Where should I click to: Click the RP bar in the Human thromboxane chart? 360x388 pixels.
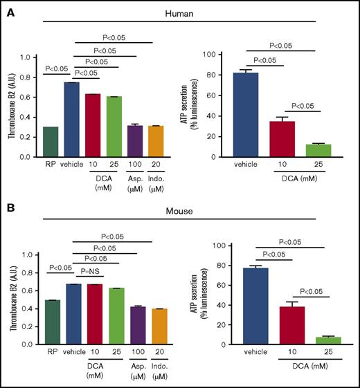[50, 142]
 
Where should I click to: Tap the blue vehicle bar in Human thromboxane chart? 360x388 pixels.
[71, 120]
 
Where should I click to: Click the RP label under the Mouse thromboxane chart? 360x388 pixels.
[50, 353]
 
